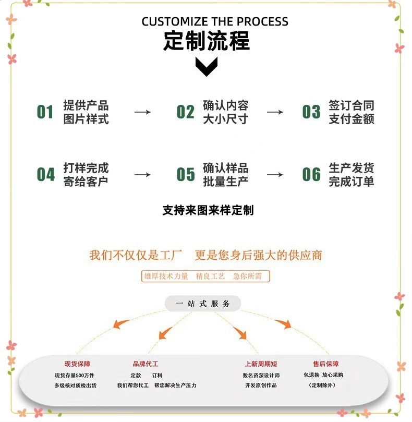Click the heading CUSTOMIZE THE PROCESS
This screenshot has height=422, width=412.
click(215, 22)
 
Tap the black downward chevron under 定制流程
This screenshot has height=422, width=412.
click(206, 66)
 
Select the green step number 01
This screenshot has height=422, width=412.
click(45, 112)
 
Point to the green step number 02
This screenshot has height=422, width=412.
click(185, 112)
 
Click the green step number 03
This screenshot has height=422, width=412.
click(311, 112)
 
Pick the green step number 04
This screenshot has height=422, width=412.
click(45, 175)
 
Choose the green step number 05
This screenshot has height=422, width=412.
click(185, 175)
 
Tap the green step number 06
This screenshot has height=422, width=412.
click(311, 175)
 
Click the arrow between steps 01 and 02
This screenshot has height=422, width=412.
click(142, 112)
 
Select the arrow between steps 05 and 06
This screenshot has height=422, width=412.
click(275, 175)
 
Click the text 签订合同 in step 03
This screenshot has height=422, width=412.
click(351, 105)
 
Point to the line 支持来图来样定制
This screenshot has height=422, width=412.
click(208, 210)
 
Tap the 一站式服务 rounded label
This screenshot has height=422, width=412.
click(203, 304)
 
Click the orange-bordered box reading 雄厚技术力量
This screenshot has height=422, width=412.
click(205, 276)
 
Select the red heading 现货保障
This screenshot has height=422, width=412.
click(77, 364)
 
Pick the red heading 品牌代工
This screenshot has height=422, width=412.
click(145, 364)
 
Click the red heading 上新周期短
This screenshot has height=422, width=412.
click(261, 364)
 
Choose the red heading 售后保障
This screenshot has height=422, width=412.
click(325, 364)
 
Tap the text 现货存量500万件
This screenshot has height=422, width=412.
click(75, 376)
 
